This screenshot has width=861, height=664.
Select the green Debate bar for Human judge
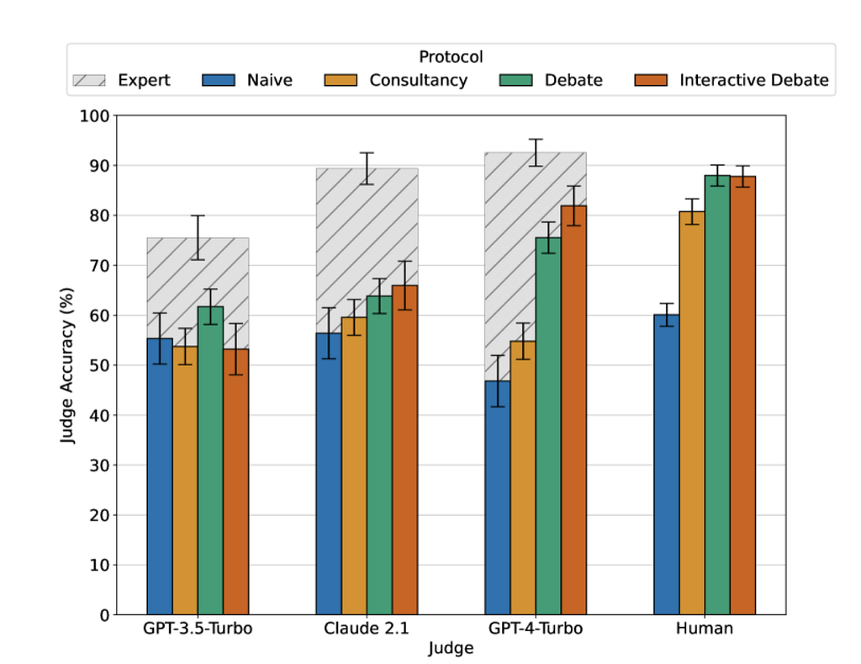click(x=717, y=395)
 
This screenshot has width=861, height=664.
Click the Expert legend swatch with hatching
click(x=88, y=81)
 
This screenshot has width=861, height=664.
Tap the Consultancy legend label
click(x=418, y=81)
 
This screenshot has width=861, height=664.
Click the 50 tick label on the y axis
click(x=98, y=365)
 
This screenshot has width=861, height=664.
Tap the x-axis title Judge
click(x=451, y=649)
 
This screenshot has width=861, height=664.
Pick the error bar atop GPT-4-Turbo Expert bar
click(x=536, y=152)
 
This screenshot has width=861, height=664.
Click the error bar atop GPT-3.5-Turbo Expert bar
click(x=198, y=237)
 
